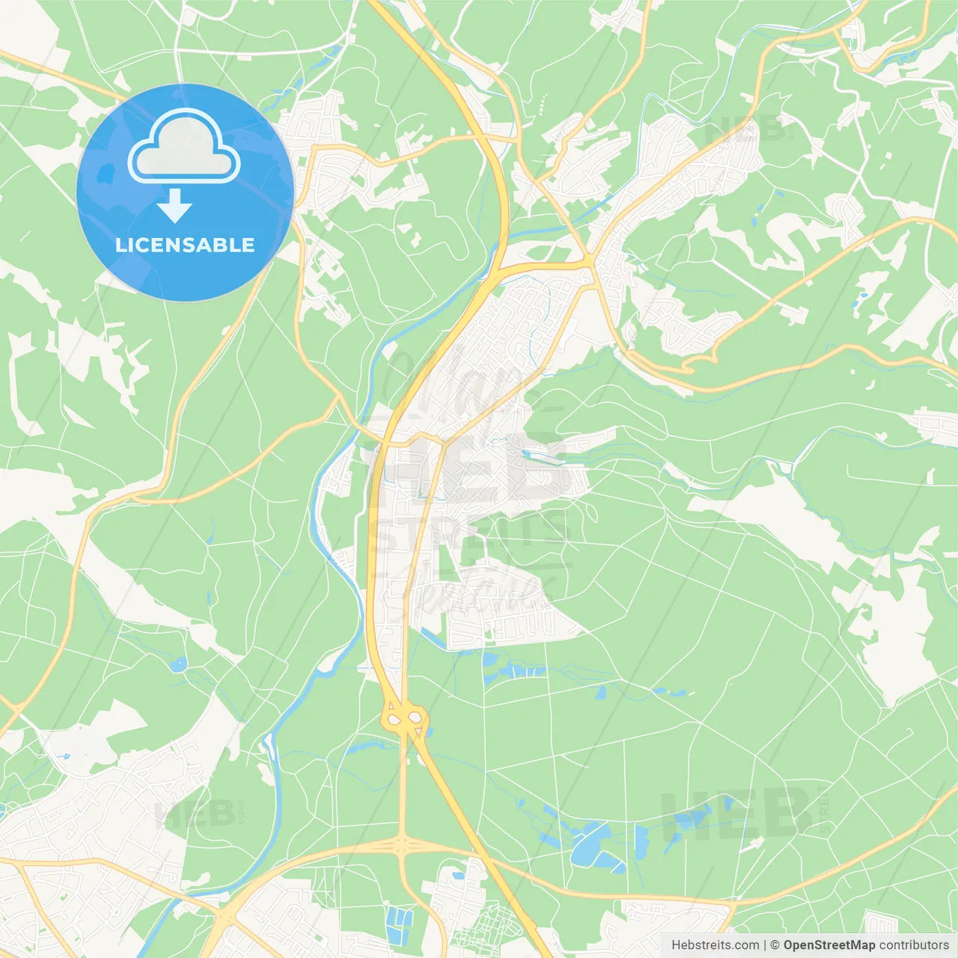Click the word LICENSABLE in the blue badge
point(185,245)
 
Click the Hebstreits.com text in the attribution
point(715,945)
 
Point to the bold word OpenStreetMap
point(829,945)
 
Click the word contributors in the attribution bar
point(914,945)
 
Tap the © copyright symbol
point(775,945)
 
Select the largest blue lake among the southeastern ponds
point(588,846)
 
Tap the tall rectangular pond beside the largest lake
point(641,842)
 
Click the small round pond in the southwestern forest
point(178,664)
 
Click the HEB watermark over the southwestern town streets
point(187,814)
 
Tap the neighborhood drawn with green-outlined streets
point(486,924)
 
